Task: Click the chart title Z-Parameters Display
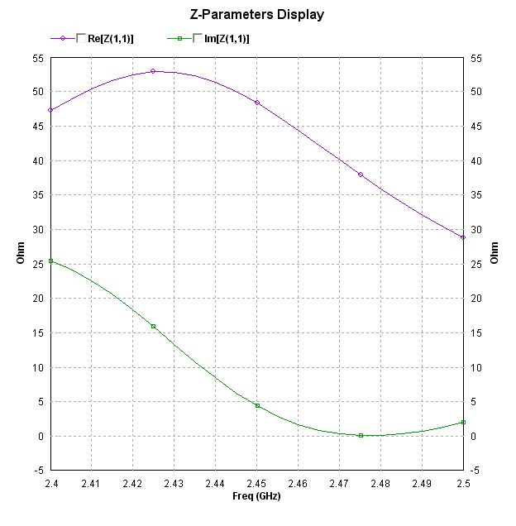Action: tap(258, 14)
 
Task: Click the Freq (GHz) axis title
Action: tap(257, 496)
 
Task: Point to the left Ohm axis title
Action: tap(21, 252)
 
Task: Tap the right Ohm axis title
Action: tap(494, 252)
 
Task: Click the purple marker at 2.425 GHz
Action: tap(153, 71)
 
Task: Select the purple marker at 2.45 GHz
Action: tap(257, 103)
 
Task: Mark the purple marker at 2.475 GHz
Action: tap(361, 175)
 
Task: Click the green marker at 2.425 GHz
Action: tap(153, 327)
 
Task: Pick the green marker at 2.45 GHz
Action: tap(257, 406)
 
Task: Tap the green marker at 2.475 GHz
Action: tap(361, 435)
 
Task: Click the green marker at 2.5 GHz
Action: tap(463, 423)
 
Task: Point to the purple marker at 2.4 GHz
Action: tap(50, 110)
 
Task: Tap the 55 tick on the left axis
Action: tap(39, 57)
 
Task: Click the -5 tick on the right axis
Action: tap(475, 471)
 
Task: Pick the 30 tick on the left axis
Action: tap(39, 229)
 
